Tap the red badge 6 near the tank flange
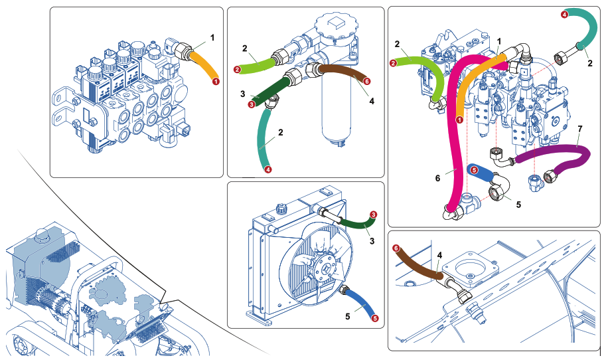(396, 248)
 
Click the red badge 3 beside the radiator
(374, 215)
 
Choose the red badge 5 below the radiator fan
(375, 318)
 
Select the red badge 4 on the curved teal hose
(564, 13)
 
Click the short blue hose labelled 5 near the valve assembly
(484, 173)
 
